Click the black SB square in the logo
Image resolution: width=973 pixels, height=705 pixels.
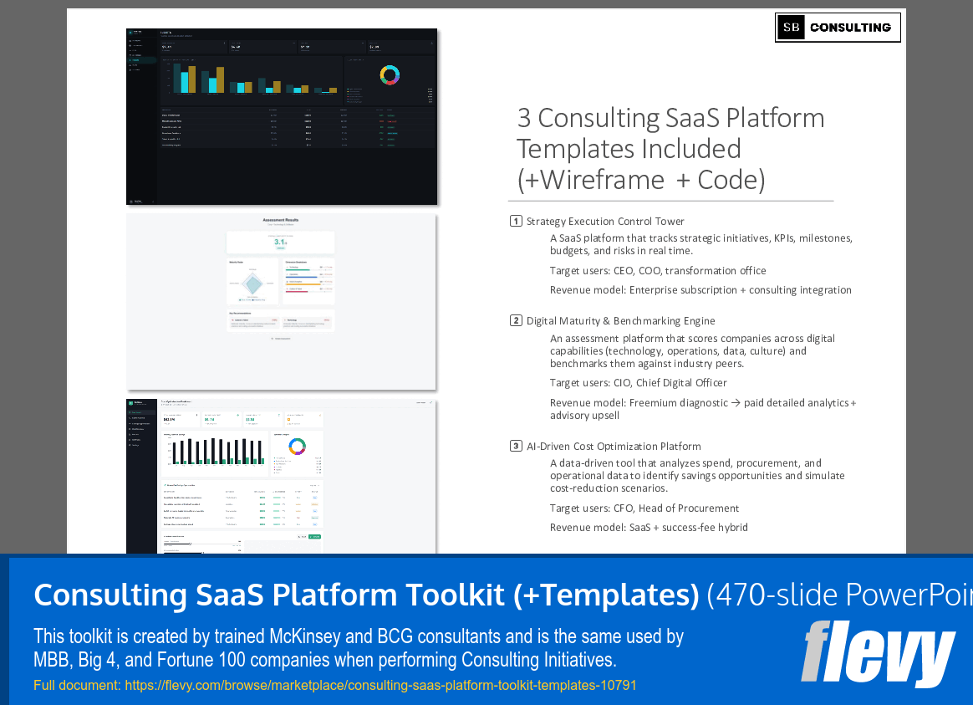pos(791,28)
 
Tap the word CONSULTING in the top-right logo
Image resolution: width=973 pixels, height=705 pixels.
pos(850,28)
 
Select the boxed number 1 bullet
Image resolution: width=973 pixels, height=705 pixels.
pos(516,222)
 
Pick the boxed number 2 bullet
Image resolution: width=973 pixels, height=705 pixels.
pos(516,320)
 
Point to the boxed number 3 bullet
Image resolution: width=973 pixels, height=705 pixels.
pos(516,446)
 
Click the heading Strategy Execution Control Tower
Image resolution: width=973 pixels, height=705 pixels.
pos(605,222)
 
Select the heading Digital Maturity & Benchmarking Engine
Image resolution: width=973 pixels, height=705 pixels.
pos(620,320)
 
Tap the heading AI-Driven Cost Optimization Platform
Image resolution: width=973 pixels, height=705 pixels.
pos(614,446)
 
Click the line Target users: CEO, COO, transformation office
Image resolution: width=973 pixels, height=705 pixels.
pos(658,270)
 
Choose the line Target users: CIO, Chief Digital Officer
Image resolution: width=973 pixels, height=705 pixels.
pos(639,382)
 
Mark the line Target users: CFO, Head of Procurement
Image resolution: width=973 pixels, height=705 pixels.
pos(644,508)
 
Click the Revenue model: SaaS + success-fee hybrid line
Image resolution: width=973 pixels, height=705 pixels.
pos(649,528)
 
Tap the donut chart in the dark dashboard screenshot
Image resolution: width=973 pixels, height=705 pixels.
pos(390,74)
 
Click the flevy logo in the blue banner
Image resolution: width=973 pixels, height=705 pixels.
pos(877,652)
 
